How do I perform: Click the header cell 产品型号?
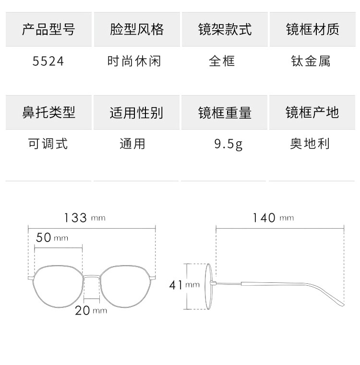[48, 29]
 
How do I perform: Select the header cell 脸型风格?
[137, 29]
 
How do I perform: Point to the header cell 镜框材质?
[312, 29]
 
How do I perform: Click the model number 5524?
[48, 61]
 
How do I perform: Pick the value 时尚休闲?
[134, 61]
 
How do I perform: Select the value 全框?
[222, 61]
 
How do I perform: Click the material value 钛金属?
[311, 61]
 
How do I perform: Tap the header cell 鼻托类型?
[48, 112]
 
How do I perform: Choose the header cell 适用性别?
[137, 112]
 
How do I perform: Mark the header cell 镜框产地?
[312, 112]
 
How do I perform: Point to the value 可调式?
[48, 143]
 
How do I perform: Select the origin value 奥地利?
[310, 143]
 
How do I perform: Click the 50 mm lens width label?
[52, 238]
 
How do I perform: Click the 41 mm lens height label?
[184, 285]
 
